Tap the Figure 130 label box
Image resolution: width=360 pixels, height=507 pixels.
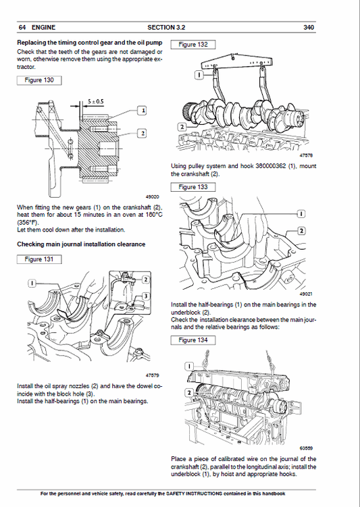[x=38, y=80]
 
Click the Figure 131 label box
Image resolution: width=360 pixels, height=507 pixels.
[x=38, y=259]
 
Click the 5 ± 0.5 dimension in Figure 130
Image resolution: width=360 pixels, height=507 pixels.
[x=95, y=101]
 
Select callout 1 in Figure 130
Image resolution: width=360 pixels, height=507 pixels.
[x=143, y=109]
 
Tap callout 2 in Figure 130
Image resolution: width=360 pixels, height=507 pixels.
[x=143, y=133]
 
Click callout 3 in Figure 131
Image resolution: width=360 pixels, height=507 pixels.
[x=145, y=298]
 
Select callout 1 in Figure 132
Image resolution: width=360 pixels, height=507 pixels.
[x=198, y=77]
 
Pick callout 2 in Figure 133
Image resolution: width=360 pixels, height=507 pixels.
[x=301, y=231]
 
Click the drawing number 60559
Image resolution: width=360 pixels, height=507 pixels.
[x=307, y=446]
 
